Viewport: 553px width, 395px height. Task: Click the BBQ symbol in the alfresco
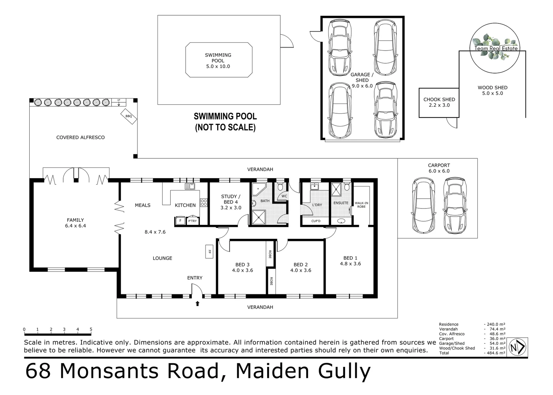click(x=129, y=116)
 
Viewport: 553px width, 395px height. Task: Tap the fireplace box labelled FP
click(x=209, y=252)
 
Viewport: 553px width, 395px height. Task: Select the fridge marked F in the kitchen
click(x=180, y=221)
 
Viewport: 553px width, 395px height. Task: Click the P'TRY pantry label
click(x=192, y=221)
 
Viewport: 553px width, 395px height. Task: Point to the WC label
click(x=284, y=196)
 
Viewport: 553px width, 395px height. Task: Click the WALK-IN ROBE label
click(x=361, y=205)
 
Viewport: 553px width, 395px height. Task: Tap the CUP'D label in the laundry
click(x=316, y=221)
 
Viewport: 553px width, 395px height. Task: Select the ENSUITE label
click(x=341, y=203)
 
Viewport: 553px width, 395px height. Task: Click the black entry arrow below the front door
click(x=197, y=303)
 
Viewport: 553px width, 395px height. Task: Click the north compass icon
click(x=518, y=347)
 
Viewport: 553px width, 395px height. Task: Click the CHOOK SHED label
click(x=439, y=99)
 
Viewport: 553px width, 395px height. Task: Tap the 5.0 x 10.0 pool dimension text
click(x=218, y=67)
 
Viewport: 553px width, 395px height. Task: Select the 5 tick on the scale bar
click(x=91, y=330)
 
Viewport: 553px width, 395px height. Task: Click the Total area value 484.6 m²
click(x=495, y=353)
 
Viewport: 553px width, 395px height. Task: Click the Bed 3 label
click(x=242, y=264)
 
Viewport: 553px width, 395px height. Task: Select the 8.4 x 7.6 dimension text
click(x=155, y=232)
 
